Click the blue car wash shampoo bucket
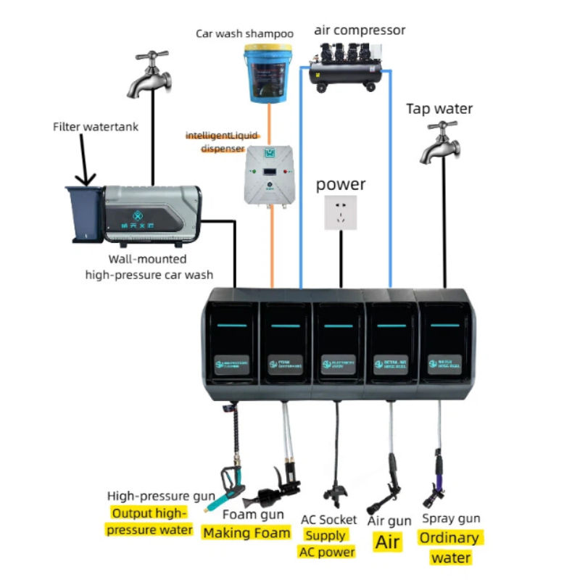[x=268, y=72]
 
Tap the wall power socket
[x=340, y=215]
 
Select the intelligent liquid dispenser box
[x=270, y=173]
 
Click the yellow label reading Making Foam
[x=246, y=533]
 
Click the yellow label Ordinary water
[x=450, y=547]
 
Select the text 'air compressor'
[x=360, y=30]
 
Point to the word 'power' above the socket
[x=340, y=184]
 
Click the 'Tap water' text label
[x=439, y=109]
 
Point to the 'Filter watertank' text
[x=95, y=127]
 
